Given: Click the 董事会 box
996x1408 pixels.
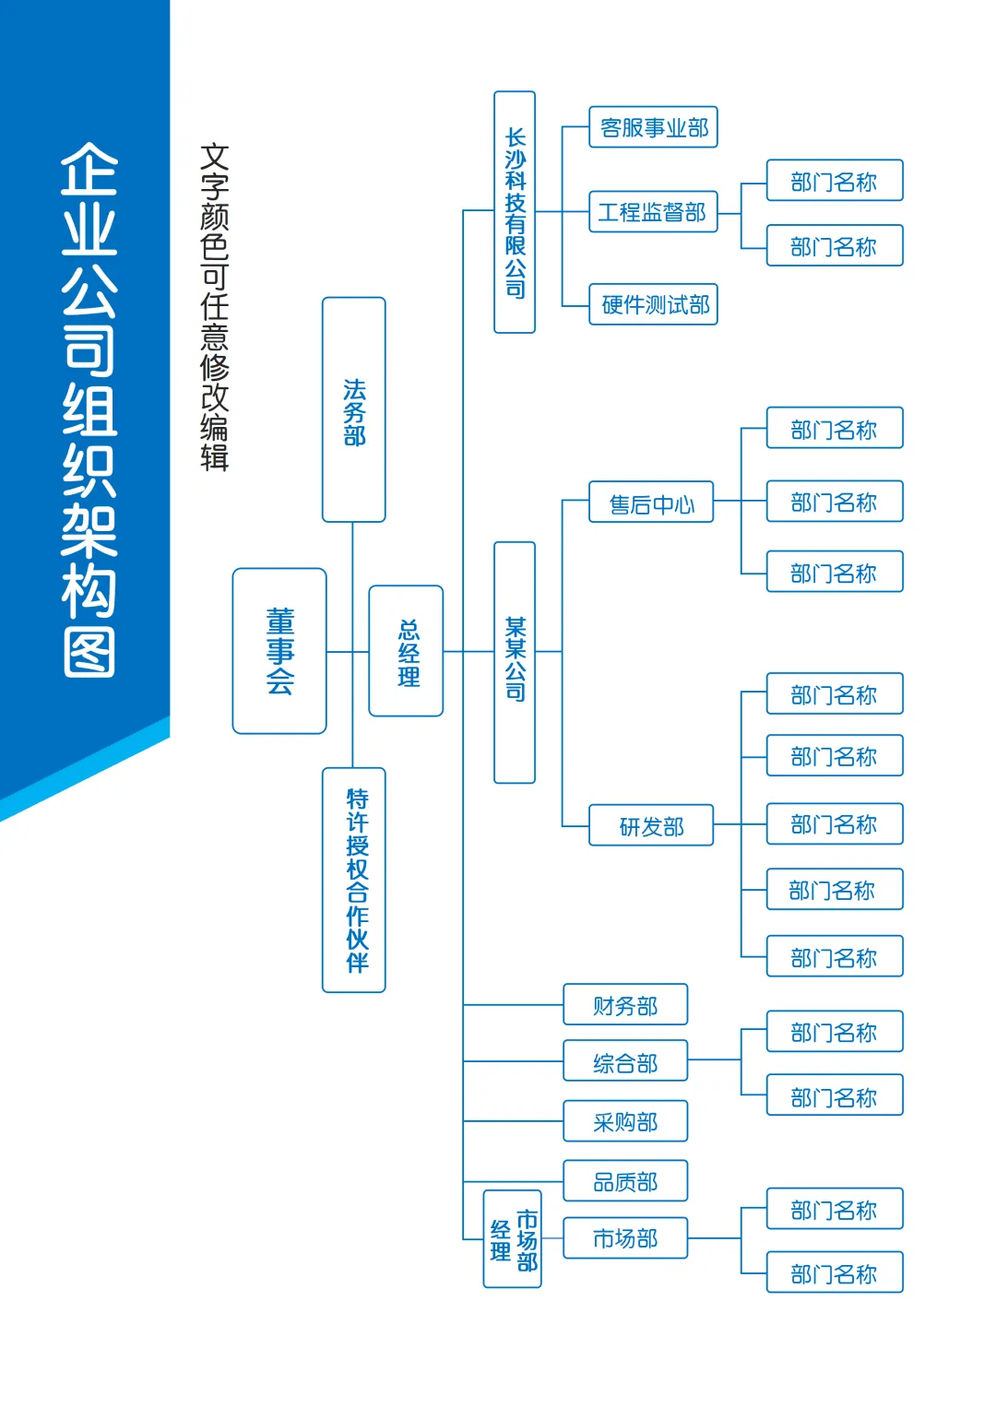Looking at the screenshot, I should coord(279,651).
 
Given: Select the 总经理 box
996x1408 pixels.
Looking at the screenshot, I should coord(406,651).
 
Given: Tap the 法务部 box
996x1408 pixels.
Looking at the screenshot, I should coord(353,409).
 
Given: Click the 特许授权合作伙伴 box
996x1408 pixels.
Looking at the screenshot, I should coord(353,880).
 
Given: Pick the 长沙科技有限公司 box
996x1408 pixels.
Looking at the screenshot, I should coord(515,212).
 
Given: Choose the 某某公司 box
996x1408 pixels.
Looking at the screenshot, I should coord(515,662).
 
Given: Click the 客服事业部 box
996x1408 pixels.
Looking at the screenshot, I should coord(653,127).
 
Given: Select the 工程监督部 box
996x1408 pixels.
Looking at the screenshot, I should coord(653,212).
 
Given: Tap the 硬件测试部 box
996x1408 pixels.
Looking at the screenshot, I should coord(653,304).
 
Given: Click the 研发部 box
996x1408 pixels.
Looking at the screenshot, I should coord(651,825).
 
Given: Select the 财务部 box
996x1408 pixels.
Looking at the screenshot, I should coord(625,1004).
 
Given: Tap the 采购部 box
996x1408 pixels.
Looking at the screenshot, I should coord(625,1120).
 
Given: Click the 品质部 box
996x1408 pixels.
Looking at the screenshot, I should coord(625,1180).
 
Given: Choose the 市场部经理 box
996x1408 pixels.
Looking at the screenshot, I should coord(513,1238).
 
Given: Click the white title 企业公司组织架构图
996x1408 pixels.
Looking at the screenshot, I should coord(89,409).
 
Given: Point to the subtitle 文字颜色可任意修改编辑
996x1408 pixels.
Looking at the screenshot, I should coord(215,307).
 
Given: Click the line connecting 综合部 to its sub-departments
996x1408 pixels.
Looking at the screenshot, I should coord(715,1059).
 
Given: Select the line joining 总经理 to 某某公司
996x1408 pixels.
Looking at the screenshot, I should coord(468,652).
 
